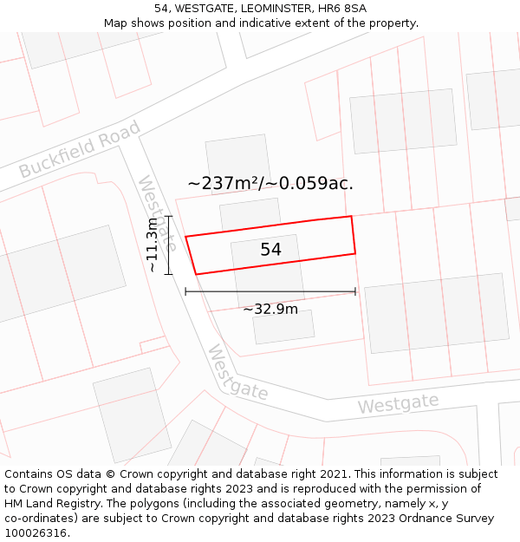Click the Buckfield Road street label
(x=80, y=151)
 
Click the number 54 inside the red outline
(x=270, y=250)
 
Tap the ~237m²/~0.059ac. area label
(x=270, y=183)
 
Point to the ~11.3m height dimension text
(x=153, y=245)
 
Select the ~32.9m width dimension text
(x=270, y=309)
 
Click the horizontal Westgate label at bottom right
(x=399, y=403)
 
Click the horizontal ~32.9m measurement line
(x=270, y=292)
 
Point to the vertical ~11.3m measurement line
(x=169, y=245)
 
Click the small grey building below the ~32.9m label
(x=283, y=327)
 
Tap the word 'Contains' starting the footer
(x=31, y=474)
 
